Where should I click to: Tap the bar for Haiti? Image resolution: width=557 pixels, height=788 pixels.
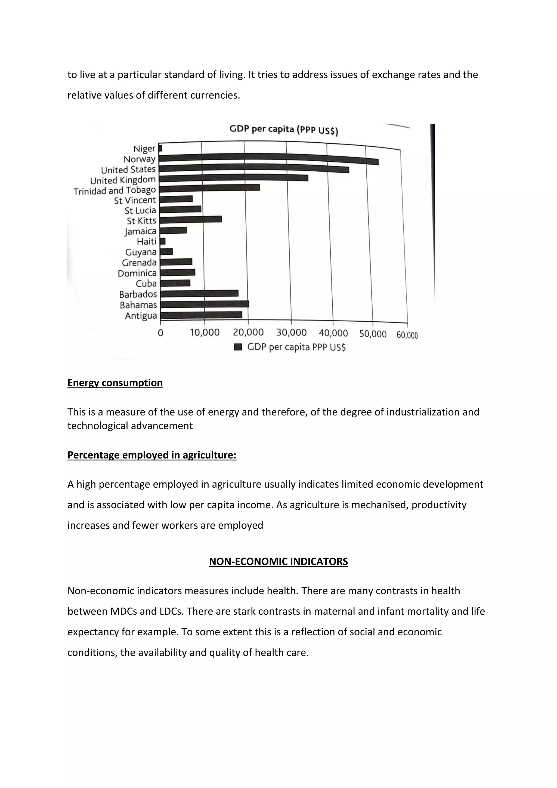coord(163,241)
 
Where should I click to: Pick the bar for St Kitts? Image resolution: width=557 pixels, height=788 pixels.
coord(191,220)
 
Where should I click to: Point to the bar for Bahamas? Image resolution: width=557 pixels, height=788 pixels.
coord(205,304)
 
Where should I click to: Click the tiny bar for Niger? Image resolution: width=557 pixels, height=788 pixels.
coord(160,148)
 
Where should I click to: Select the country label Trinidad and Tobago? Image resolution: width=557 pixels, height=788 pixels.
coord(115,190)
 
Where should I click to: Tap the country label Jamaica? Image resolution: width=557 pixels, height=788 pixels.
coord(140,231)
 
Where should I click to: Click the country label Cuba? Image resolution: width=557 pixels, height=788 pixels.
coord(146,284)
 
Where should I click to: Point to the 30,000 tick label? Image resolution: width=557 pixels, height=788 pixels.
coord(291,332)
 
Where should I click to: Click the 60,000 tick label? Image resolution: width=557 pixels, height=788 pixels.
coord(407,335)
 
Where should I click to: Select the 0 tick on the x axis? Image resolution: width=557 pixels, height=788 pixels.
coord(160,333)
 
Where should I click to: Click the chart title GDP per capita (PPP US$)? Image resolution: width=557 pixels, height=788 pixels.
coord(284,130)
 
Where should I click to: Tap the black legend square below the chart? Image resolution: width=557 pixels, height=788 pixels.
coord(238,347)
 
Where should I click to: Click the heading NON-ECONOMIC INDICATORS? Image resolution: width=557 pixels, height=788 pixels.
coord(278,562)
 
